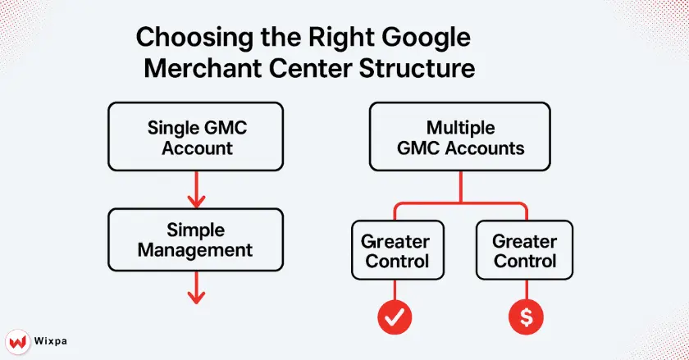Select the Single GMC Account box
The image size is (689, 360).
click(x=196, y=138)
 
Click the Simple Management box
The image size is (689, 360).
click(x=196, y=239)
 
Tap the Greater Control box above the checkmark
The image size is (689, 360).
click(x=395, y=251)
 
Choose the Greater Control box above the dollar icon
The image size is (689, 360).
click(x=524, y=251)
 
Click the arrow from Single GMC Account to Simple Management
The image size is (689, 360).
click(x=196, y=191)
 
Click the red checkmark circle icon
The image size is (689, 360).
click(x=395, y=317)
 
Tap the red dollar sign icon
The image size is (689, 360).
click(x=524, y=317)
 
